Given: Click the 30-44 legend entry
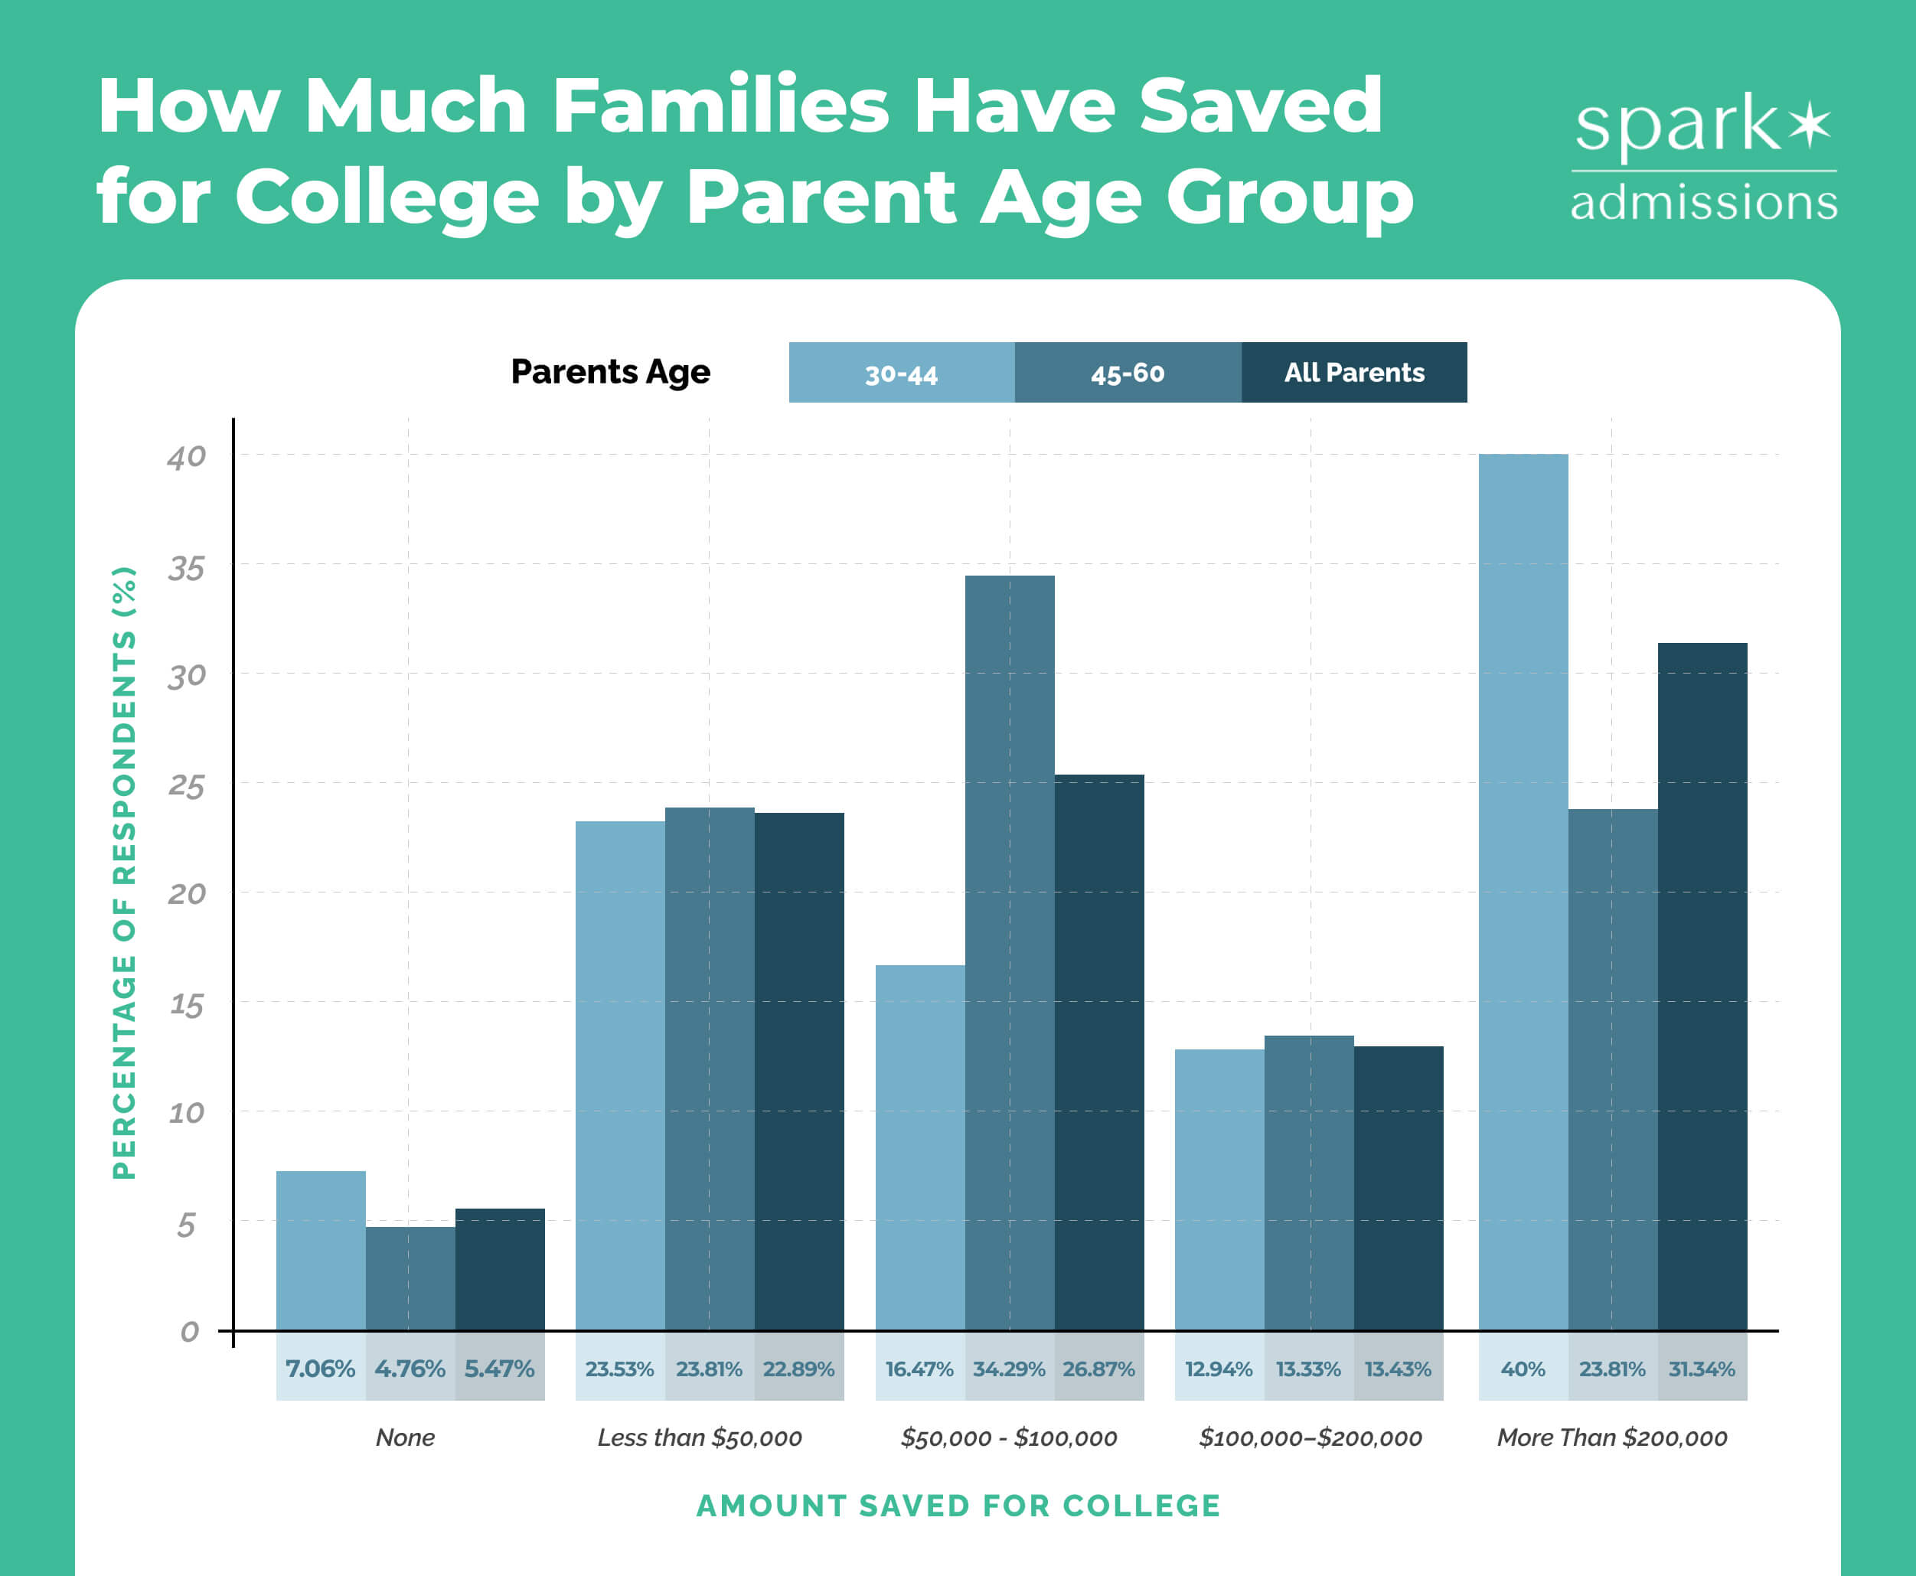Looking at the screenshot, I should click(x=901, y=373).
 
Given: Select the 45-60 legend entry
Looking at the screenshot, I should click(x=1127, y=373).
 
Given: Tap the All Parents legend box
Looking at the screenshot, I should click(x=1353, y=373).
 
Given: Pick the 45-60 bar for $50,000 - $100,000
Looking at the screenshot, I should click(x=1009, y=953).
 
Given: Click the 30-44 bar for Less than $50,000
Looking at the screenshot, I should click(x=619, y=1075).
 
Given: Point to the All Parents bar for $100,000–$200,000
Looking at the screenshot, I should click(x=1398, y=1189).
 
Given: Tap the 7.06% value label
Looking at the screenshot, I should click(x=320, y=1368).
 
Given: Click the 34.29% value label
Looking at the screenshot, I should click(x=1009, y=1368).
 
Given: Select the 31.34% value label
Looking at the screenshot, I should click(x=1701, y=1368).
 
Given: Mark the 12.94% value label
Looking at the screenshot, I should click(x=1219, y=1368).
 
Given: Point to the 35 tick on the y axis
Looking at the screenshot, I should click(x=186, y=568).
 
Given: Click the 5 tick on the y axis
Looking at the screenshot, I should click(x=186, y=1225).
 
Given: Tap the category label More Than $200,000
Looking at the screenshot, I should click(x=1612, y=1437).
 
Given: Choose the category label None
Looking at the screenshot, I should click(x=405, y=1437).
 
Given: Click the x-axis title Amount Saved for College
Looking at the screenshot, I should click(x=958, y=1505).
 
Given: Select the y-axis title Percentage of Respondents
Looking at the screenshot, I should click(x=125, y=873).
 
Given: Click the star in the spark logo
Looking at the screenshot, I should click(x=1810, y=126).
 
